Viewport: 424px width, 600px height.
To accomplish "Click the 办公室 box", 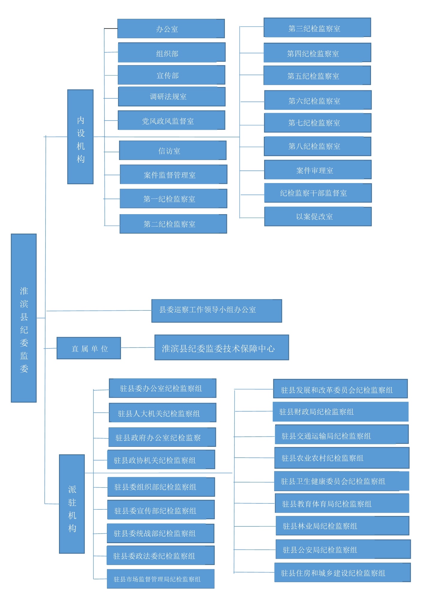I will pos(171,29).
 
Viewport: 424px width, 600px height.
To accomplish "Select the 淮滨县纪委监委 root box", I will pos(24,318).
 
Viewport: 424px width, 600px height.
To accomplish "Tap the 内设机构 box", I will pos(80,137).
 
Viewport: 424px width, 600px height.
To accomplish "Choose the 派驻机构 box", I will pos(72,504).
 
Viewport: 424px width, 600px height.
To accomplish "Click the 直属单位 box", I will pos(89,348).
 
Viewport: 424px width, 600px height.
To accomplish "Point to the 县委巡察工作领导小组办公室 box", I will pos(216,311).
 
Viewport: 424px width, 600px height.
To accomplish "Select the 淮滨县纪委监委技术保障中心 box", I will pos(222,348).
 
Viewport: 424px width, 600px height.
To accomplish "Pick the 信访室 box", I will pos(172,150).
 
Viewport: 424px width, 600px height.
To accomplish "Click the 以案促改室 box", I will pos(318,217).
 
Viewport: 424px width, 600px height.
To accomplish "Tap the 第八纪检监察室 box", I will pos(317,146).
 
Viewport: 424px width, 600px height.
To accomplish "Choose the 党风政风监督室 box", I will pos(171,121).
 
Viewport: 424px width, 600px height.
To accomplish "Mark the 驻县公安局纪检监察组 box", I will pos(343,549).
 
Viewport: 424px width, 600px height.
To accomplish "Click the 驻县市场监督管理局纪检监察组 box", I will pos(160,579).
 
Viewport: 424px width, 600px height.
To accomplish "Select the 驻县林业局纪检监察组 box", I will pos(342,526).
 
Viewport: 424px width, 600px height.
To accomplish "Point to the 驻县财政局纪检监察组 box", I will pos(340,412).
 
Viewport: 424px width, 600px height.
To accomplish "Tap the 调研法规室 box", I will pos(172,97).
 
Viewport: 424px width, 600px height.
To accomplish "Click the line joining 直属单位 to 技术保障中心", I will pos(138,348).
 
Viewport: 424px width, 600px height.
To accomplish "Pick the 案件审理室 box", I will pos(318,170).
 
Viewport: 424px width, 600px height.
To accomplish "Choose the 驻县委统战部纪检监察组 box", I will pos(160,533).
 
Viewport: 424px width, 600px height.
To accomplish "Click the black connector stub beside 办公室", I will pos(110,29).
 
